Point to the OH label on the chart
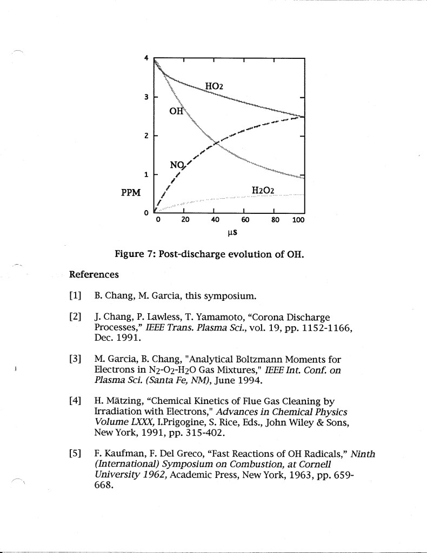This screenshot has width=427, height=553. pos(176,112)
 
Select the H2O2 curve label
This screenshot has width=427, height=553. pos(263,190)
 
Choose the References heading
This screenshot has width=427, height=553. pos(94,274)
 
